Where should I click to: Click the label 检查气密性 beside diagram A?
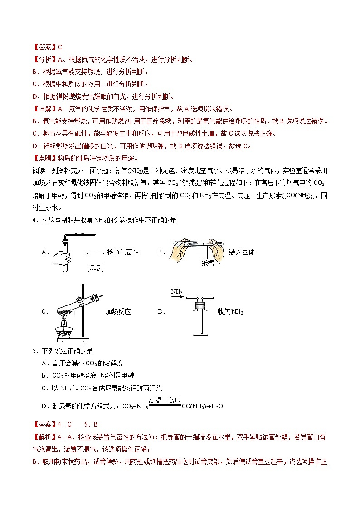(x=123, y=252)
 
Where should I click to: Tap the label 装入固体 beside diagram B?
(x=242, y=252)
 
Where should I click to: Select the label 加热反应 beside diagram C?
(x=118, y=312)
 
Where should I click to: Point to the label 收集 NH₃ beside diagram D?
(x=230, y=312)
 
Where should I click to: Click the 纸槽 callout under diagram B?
(x=208, y=263)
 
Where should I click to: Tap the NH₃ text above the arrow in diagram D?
(x=177, y=291)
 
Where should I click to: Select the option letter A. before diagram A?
(x=44, y=252)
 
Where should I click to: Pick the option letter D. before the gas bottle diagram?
(x=161, y=312)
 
